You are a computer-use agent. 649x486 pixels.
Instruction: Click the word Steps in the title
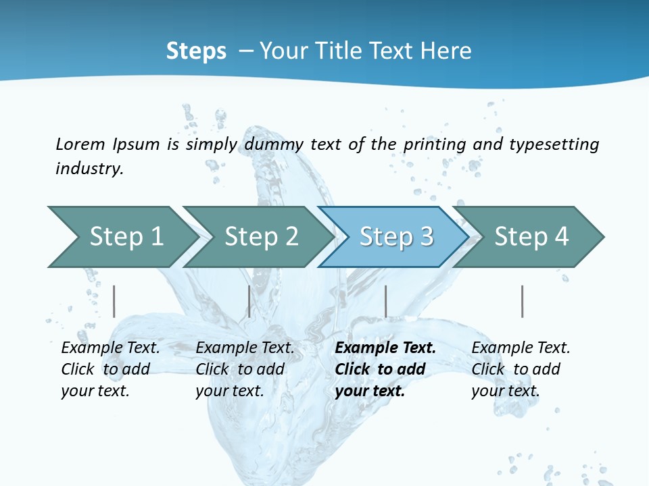[196, 51]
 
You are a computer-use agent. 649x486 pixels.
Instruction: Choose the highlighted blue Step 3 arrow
[396, 236]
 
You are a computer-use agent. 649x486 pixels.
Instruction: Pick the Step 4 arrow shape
[531, 236]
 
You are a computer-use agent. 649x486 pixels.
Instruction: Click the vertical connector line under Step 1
[114, 301]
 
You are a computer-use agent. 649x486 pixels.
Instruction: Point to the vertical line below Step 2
[249, 301]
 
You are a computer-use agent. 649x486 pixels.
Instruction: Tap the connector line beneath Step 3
[386, 301]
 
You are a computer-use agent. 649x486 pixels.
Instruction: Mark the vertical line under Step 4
[523, 301]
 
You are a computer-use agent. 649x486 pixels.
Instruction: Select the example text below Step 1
[110, 369]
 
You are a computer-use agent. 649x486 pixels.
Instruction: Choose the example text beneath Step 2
[245, 369]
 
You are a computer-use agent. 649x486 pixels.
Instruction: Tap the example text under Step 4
[521, 369]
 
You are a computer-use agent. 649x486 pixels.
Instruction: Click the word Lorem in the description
[80, 144]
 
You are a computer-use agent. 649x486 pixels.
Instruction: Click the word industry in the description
[89, 169]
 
